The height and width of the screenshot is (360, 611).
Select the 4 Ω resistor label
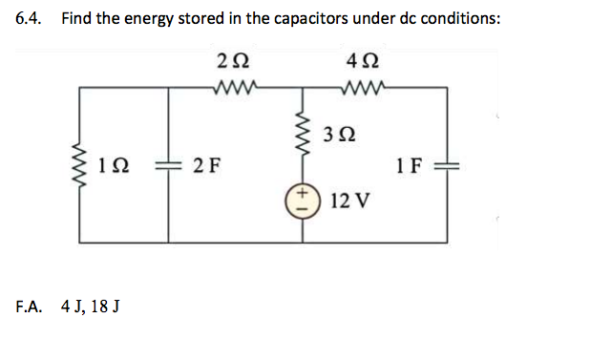click(366, 63)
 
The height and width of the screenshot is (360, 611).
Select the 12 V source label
click(350, 201)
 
